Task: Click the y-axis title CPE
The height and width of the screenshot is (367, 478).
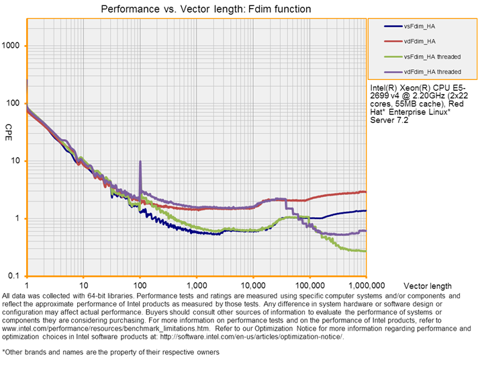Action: click(9, 128)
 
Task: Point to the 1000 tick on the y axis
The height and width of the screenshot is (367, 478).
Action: click(14, 46)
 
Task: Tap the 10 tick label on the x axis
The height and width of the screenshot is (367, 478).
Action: click(83, 285)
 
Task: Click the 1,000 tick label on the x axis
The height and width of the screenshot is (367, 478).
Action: click(196, 285)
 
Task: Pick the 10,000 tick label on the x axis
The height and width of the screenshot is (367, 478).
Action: click(252, 285)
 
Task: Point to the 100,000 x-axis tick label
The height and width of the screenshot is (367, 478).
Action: click(309, 285)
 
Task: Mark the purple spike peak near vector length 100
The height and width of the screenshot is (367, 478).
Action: click(140, 162)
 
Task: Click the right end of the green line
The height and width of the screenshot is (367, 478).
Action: click(365, 251)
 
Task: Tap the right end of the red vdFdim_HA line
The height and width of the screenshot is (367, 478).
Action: click(365, 192)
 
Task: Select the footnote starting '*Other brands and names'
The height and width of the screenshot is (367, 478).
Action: click(111, 352)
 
